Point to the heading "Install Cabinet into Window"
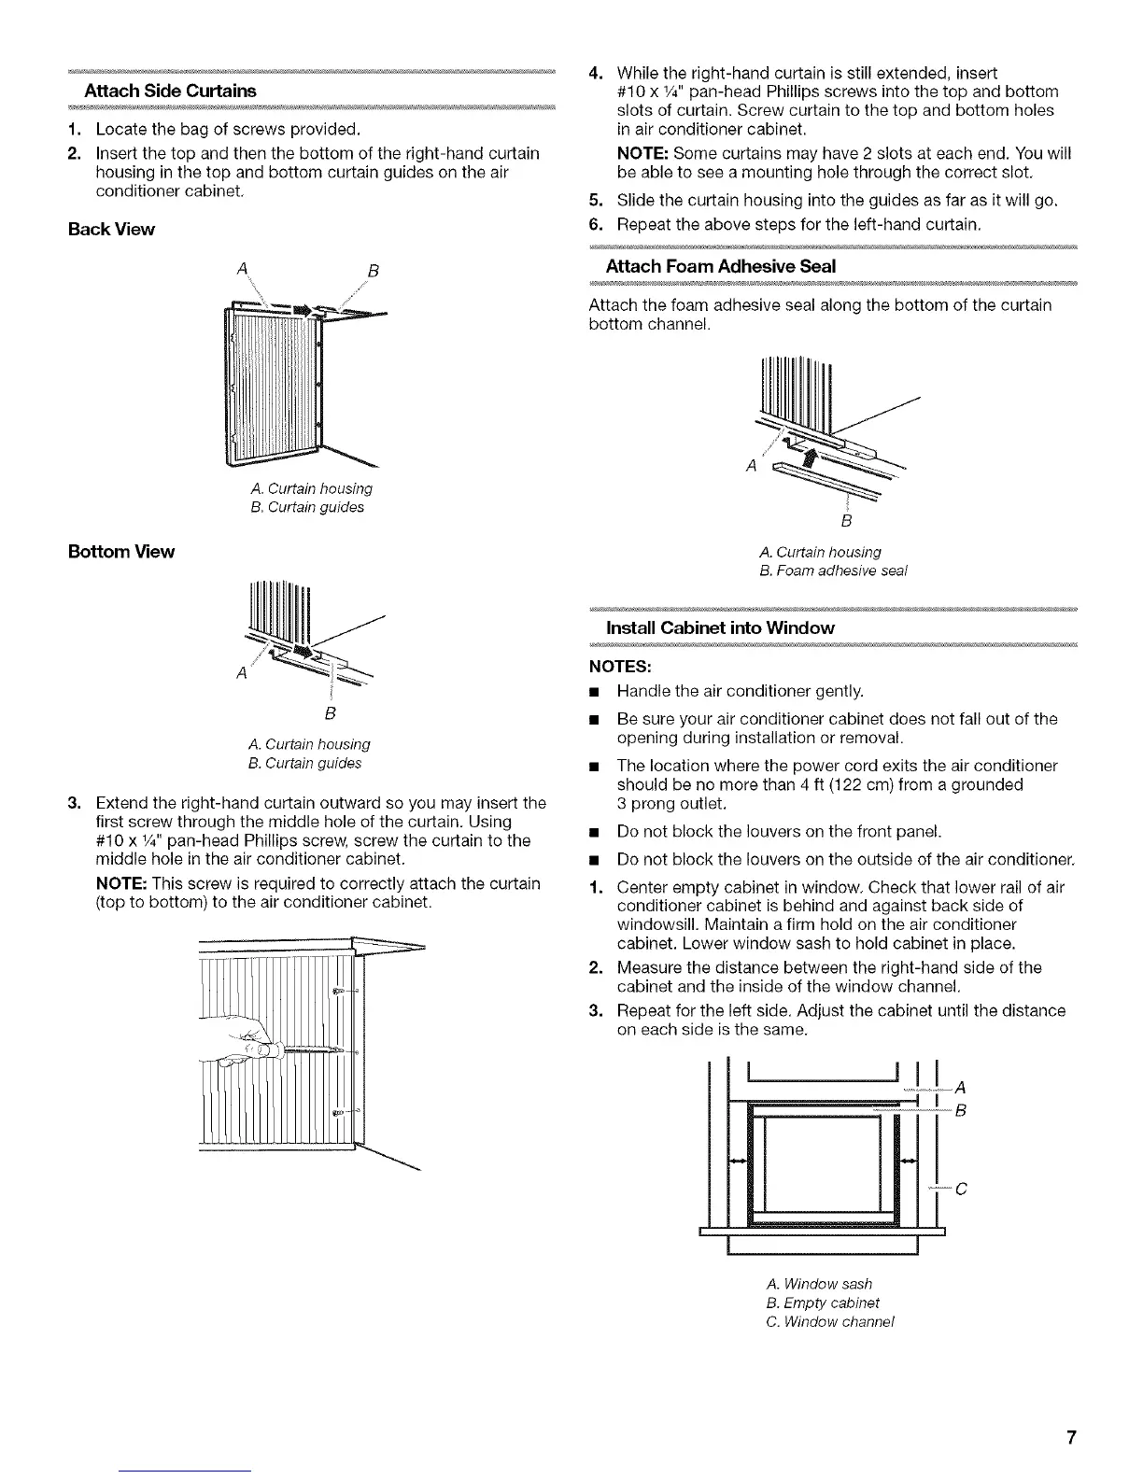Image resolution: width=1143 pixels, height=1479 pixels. [720, 627]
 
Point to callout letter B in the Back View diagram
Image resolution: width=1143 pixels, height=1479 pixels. [371, 272]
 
